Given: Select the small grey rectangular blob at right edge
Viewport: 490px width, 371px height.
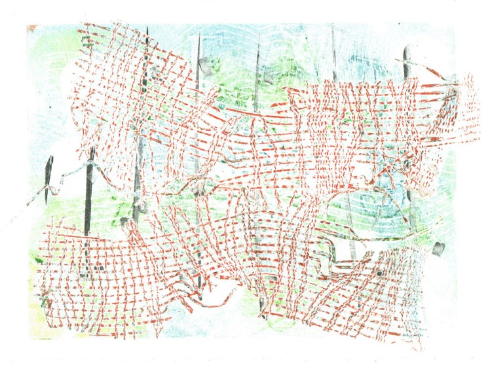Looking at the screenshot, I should pyautogui.click(x=439, y=248).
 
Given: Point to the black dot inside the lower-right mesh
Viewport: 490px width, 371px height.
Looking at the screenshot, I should pyautogui.click(x=379, y=272).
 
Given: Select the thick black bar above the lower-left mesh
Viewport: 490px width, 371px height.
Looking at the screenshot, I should pyautogui.click(x=88, y=190).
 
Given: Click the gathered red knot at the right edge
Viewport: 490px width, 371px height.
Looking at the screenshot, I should pyautogui.click(x=452, y=92).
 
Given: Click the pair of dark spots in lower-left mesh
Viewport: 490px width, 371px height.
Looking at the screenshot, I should pyautogui.click(x=96, y=268).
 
